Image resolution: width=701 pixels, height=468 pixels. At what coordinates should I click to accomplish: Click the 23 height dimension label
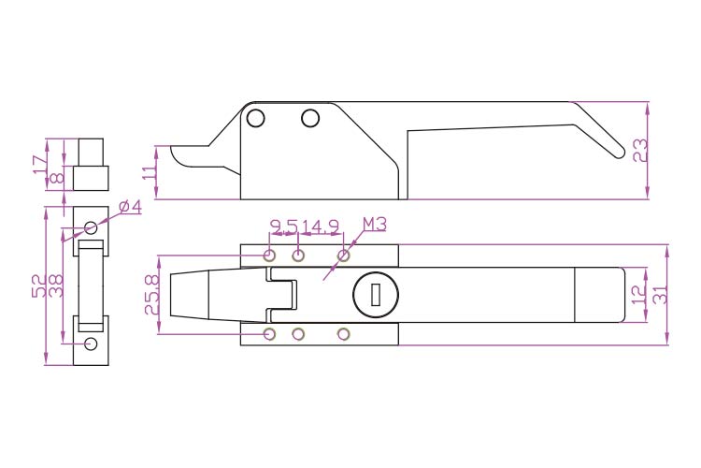pyautogui.click(x=640, y=151)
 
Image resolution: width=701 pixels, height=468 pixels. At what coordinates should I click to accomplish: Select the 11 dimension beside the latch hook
pyautogui.click(x=150, y=171)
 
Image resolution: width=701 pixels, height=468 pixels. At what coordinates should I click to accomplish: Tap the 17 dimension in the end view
pyautogui.click(x=40, y=164)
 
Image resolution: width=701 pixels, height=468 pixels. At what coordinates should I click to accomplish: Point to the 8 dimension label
pyautogui.click(x=57, y=178)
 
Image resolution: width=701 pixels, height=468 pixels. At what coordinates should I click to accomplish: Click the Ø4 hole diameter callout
pyautogui.click(x=130, y=207)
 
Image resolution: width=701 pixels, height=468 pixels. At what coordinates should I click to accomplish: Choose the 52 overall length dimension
pyautogui.click(x=39, y=285)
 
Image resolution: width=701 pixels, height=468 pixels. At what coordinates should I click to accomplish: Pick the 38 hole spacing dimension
pyautogui.click(x=55, y=285)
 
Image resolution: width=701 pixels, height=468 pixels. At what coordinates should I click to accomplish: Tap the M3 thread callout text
pyautogui.click(x=375, y=224)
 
